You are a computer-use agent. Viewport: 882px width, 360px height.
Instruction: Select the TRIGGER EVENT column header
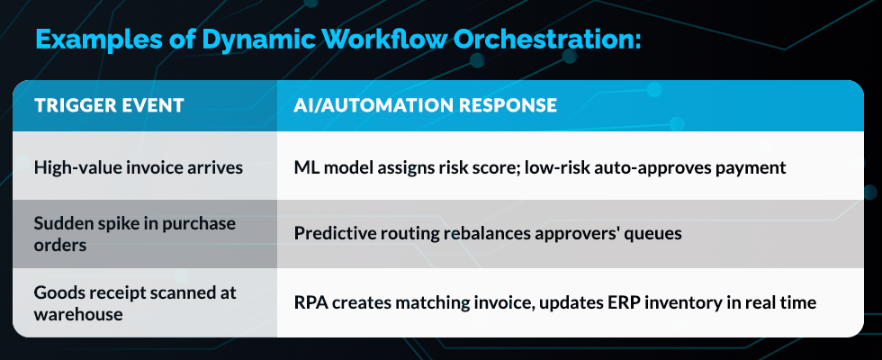pos(109,105)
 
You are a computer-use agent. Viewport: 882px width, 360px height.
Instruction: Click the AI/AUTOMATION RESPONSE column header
pos(425,105)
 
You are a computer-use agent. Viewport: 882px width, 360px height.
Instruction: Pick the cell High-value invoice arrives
pos(139,167)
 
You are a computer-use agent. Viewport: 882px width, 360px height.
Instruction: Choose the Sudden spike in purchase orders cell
pos(134,234)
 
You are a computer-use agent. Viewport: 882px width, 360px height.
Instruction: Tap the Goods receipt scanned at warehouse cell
pos(135,303)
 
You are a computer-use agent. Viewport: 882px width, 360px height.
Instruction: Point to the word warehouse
pos(78,314)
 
